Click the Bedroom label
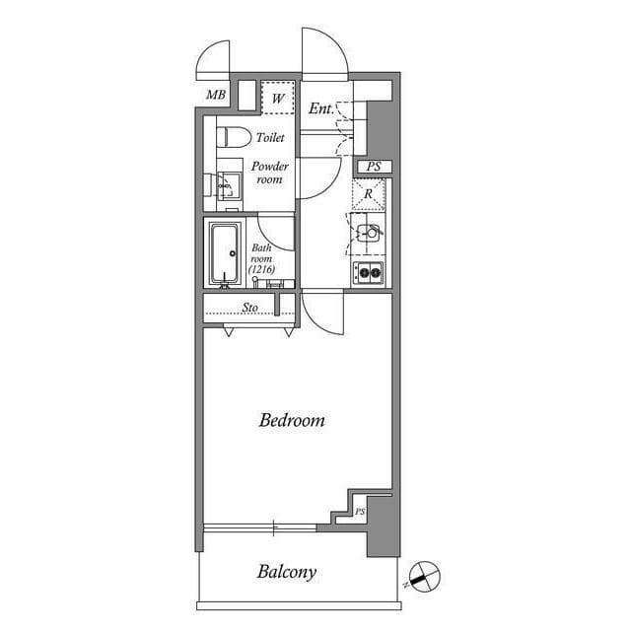point(292,421)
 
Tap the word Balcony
point(287,572)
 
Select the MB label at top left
point(216,96)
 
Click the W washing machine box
point(278,99)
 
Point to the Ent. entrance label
point(320,108)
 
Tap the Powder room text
point(269,173)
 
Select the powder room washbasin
point(230,183)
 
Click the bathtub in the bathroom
point(227,253)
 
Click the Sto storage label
point(250,308)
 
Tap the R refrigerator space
point(369,194)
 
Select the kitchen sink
point(370,235)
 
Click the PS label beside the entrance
point(374,168)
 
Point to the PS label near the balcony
point(360,512)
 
